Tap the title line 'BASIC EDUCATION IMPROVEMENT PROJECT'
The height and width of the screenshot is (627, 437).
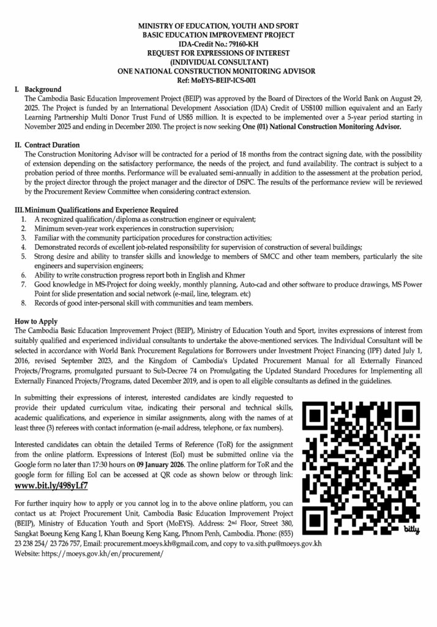tap(218, 36)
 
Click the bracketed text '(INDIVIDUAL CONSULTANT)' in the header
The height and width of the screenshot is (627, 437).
tap(218, 62)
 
